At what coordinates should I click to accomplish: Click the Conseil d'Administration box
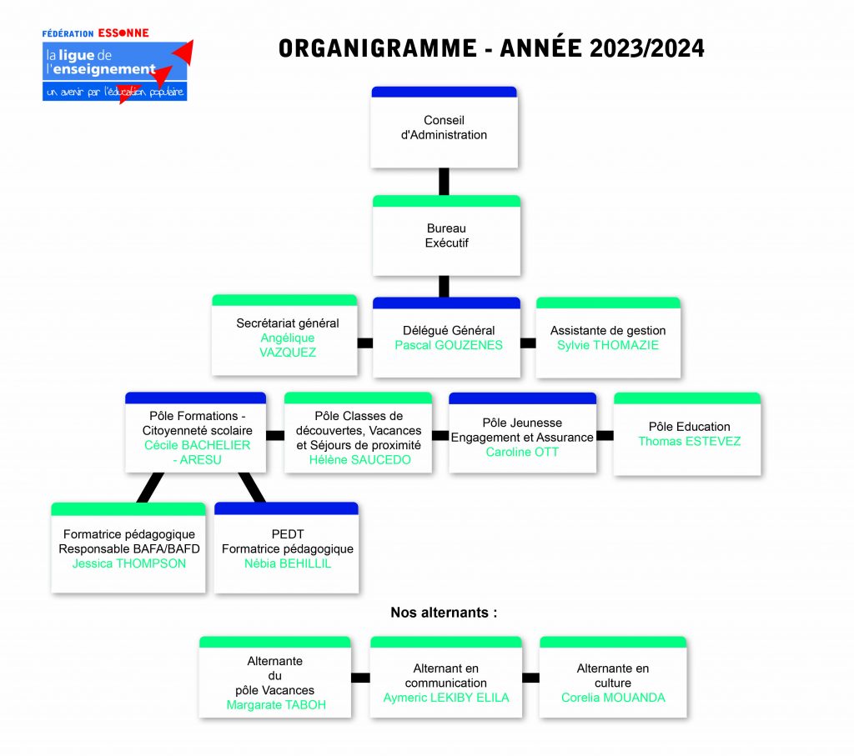coord(444,128)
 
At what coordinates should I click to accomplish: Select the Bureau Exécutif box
coord(447,236)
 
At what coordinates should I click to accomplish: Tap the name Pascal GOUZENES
coord(449,345)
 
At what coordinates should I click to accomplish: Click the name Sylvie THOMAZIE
coord(608,345)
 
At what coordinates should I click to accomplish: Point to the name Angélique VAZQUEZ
coord(288,345)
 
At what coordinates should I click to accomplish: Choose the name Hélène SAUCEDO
coord(360,460)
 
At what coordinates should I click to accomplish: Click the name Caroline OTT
coord(522,453)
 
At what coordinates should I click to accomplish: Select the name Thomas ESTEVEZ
coord(690,442)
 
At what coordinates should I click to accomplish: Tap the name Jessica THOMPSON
coord(129,563)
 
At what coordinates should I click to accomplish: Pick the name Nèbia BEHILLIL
coord(288,563)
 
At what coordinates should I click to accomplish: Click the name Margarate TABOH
coord(276,705)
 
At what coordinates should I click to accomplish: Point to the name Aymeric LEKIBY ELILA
coord(446,698)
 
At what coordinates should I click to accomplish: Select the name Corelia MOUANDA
coord(613,698)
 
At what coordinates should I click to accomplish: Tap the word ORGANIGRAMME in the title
coord(378,48)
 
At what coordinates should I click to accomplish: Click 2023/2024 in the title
coord(647,48)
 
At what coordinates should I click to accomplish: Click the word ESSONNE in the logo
coord(123,33)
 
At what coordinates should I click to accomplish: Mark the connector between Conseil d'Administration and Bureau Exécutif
coord(444,182)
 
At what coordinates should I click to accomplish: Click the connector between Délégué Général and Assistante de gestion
coord(528,343)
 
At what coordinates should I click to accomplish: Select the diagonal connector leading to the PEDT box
coord(252,488)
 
